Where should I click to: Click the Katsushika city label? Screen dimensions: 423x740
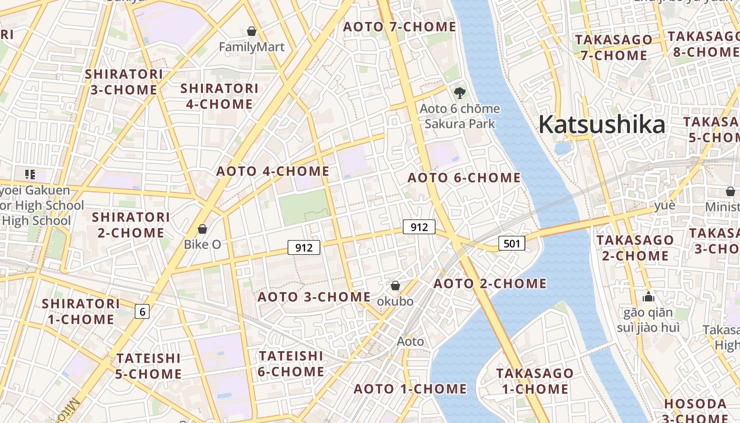(x=602, y=125)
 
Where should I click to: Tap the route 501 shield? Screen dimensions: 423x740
(x=512, y=244)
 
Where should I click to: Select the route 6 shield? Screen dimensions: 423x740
(x=142, y=312)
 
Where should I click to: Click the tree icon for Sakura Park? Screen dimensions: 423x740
(x=460, y=94)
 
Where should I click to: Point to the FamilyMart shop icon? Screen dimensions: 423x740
(x=252, y=32)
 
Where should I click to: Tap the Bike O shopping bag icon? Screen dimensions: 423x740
(x=202, y=229)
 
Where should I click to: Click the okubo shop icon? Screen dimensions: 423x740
(x=395, y=286)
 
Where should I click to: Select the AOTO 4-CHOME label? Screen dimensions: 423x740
(x=273, y=171)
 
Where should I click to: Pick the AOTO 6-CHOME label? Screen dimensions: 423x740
(x=464, y=178)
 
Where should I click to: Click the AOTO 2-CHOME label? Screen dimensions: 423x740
(x=490, y=283)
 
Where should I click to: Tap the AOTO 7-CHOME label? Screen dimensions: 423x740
(x=400, y=26)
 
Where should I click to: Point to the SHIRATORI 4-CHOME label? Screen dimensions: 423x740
(x=219, y=96)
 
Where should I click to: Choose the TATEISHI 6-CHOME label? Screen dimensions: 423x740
(x=291, y=364)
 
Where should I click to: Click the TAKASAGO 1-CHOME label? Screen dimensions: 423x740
(x=534, y=381)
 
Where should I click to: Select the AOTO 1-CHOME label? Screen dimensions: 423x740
(x=410, y=389)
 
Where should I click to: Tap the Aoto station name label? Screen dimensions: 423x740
(x=410, y=342)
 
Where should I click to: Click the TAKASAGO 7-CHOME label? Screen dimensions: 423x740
(x=614, y=48)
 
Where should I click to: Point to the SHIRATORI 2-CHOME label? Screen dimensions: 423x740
(x=131, y=225)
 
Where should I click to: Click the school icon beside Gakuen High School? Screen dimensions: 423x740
(x=30, y=174)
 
